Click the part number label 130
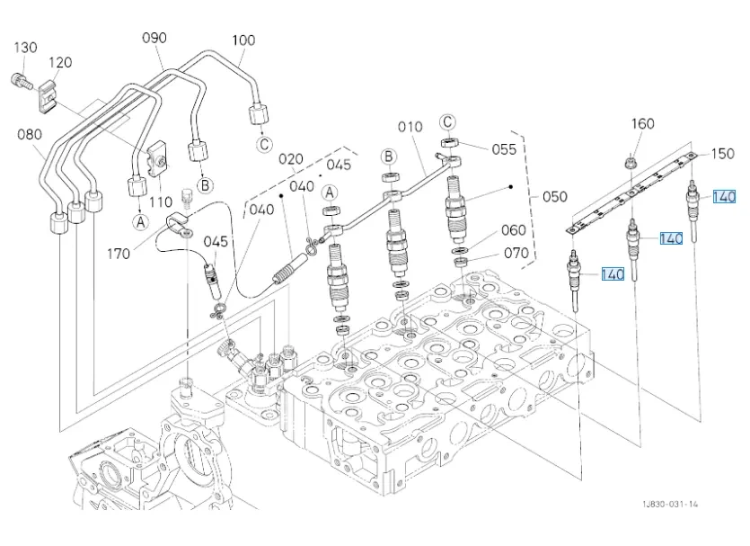tap(25, 48)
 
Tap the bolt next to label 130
tap(21, 82)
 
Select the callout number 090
tap(154, 38)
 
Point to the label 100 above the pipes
tap(243, 40)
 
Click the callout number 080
tap(30, 135)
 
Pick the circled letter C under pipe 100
tap(264, 144)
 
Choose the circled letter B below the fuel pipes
tap(205, 185)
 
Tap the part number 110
tap(161, 202)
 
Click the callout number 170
tap(119, 254)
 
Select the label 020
tap(291, 159)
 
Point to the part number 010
tap(410, 127)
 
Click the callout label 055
tap(504, 149)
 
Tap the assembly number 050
tap(555, 197)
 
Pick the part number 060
tap(514, 230)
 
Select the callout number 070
tap(516, 253)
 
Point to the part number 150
tap(722, 154)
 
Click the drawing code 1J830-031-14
tap(670, 504)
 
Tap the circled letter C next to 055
tap(447, 122)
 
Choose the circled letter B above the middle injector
tap(388, 157)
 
